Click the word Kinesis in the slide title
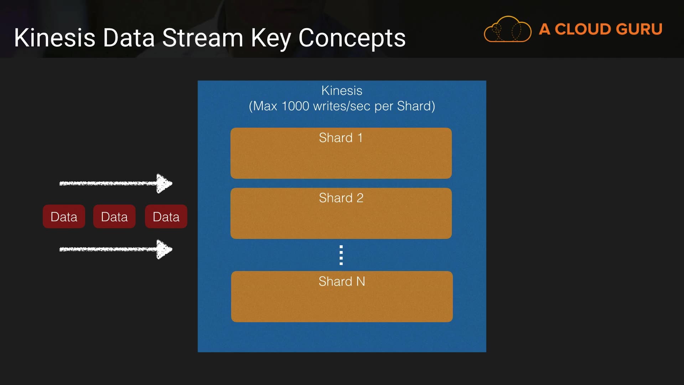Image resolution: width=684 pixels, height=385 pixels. pos(55,38)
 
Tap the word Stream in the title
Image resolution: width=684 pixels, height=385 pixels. pos(202,38)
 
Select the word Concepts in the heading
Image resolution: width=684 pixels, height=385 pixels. pos(352,38)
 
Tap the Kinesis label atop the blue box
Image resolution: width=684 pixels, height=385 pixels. pos(342,91)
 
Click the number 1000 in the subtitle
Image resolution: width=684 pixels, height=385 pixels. pos(295,106)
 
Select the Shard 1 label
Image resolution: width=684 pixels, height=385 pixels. pos(341,138)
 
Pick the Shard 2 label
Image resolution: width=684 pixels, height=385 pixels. pos(341,198)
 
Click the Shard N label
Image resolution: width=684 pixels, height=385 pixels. pos(342,281)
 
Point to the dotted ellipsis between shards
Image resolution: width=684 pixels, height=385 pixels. pos(341,255)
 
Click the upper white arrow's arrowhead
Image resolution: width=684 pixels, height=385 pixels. pos(164,184)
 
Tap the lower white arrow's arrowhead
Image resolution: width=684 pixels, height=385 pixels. pos(164,249)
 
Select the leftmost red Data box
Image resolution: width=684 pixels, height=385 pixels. pos(64,216)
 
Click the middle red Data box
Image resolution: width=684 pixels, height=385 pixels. pos(114,216)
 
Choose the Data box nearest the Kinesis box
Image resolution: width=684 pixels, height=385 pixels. pos(166,216)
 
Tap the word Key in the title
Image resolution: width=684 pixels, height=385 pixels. pos(271,38)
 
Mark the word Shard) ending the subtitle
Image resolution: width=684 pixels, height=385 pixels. pos(416,106)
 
